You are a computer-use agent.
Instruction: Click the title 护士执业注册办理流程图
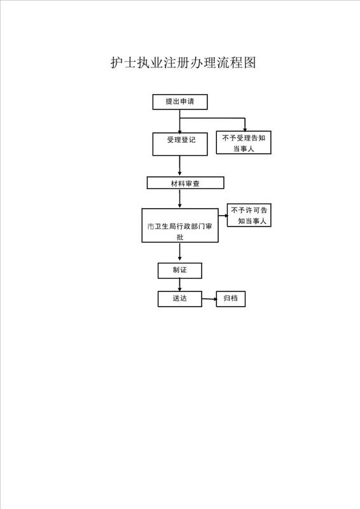click(183, 62)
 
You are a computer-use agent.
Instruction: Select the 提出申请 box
click(180, 102)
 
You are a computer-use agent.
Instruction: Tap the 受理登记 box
click(180, 144)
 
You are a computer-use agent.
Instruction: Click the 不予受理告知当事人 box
click(244, 143)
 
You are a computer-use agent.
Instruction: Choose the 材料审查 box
click(185, 183)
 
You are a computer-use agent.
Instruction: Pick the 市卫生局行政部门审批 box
click(180, 225)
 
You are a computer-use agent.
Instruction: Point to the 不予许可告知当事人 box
click(249, 215)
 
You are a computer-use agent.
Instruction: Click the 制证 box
click(180, 271)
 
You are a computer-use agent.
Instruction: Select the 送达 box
click(180, 299)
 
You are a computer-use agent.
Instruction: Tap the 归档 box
click(230, 299)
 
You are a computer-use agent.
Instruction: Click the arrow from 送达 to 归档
click(209, 299)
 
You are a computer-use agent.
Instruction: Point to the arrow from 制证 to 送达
click(180, 284)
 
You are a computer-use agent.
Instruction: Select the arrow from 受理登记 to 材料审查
click(180, 166)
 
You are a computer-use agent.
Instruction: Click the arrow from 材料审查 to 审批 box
click(180, 199)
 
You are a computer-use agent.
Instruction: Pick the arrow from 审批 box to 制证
click(180, 253)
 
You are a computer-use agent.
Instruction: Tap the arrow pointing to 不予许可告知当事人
click(223, 215)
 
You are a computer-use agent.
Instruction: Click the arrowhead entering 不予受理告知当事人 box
click(245, 129)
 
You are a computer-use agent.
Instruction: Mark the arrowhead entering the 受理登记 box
click(180, 130)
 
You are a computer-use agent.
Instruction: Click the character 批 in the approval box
click(180, 237)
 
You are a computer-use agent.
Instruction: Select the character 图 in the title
click(250, 62)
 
